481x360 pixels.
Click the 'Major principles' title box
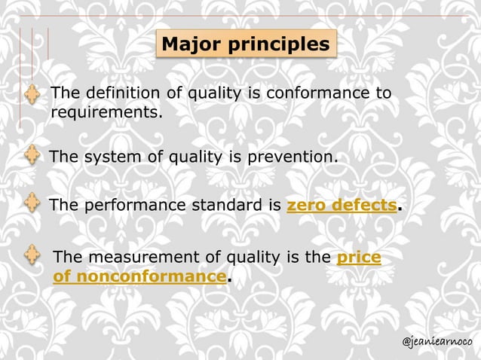246,44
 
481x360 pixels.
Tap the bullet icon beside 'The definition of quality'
32,95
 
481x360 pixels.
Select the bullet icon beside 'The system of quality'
32,156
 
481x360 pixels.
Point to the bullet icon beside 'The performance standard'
32,203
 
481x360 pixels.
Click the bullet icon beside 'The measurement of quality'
32,255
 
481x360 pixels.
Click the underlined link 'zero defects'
342,205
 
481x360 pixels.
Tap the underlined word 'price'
358,258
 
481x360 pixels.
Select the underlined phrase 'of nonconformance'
139,276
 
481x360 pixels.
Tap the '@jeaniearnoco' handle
437,342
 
